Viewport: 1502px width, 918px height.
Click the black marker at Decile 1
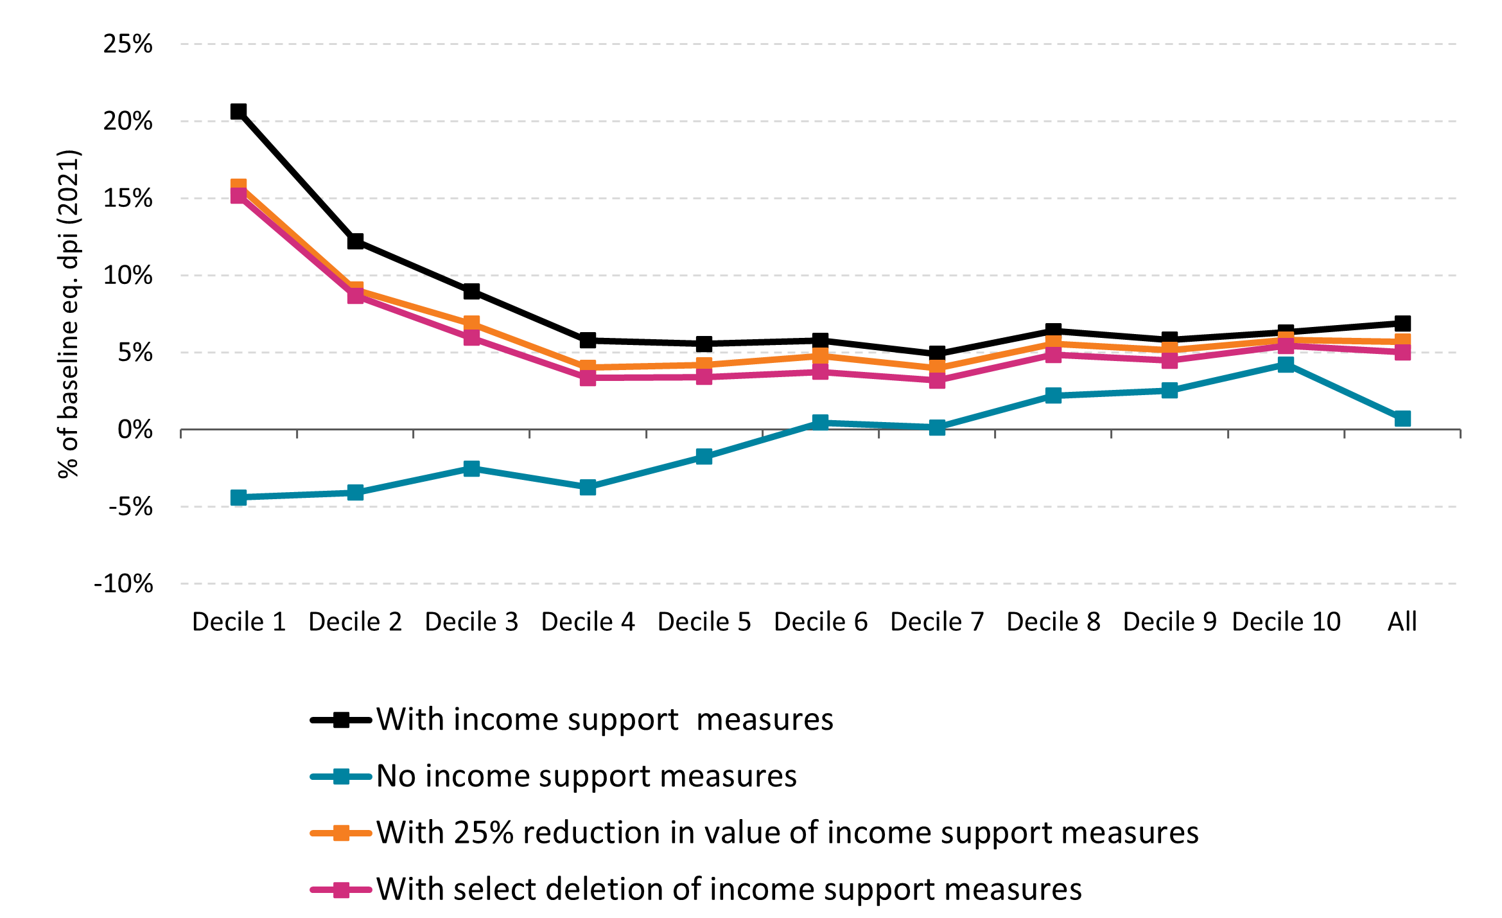[x=238, y=111]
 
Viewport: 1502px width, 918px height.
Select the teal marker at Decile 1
[x=238, y=497]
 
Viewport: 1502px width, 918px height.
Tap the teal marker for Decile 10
[x=1286, y=364]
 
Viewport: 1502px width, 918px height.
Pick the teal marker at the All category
[x=1402, y=418]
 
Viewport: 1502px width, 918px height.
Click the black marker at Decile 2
[x=355, y=241]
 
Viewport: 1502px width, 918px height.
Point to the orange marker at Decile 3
[x=471, y=322]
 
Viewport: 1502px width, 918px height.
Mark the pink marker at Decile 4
[x=588, y=378]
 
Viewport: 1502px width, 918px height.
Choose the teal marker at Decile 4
[x=588, y=487]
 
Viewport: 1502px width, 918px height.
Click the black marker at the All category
[x=1402, y=322]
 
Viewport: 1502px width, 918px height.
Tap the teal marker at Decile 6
[x=820, y=422]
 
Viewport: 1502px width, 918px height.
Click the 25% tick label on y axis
[x=128, y=44]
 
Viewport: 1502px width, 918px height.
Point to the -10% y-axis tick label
[x=123, y=584]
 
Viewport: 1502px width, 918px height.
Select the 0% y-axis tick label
[x=135, y=430]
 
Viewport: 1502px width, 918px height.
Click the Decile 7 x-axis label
[x=937, y=622]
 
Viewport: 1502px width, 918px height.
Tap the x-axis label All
[x=1402, y=622]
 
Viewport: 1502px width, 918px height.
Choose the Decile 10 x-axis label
[x=1286, y=622]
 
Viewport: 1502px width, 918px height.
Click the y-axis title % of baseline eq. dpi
[x=68, y=314]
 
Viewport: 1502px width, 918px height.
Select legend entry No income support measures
[x=586, y=776]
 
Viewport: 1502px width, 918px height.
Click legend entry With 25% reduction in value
[x=787, y=833]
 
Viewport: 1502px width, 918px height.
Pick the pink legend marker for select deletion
[x=341, y=890]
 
